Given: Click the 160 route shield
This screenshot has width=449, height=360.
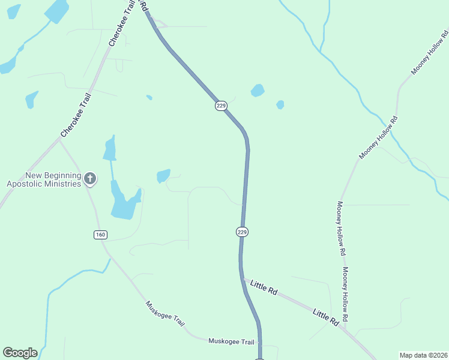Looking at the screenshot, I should [x=100, y=234].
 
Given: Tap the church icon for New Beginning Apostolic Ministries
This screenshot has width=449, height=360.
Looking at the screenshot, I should [x=89, y=178].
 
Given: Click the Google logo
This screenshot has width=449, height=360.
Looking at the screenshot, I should [x=20, y=353].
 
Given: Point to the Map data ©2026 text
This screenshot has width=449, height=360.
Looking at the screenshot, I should [x=423, y=355].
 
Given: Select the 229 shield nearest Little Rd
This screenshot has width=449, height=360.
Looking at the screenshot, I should [x=242, y=232].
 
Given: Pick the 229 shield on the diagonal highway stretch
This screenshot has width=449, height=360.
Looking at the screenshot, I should [x=221, y=106].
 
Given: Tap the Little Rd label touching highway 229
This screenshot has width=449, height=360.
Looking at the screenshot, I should [x=264, y=287].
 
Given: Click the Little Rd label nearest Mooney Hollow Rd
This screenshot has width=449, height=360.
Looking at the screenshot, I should [x=326, y=317].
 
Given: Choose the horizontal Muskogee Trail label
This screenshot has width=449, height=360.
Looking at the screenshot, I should [x=231, y=341].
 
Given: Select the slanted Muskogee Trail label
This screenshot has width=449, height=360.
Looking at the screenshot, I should [x=165, y=313].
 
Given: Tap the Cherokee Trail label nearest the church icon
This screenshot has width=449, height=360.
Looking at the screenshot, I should [x=76, y=114].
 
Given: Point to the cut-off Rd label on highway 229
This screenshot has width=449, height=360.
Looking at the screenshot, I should [x=143, y=5].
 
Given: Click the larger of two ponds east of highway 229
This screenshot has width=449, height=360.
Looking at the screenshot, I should [x=258, y=91].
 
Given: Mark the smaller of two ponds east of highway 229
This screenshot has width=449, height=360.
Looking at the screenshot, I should [x=280, y=104].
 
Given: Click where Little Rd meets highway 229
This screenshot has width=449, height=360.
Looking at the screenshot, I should [x=243, y=280].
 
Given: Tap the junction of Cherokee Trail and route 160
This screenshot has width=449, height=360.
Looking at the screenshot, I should [x=59, y=140].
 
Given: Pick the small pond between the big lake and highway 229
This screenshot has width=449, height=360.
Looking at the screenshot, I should [x=163, y=176].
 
